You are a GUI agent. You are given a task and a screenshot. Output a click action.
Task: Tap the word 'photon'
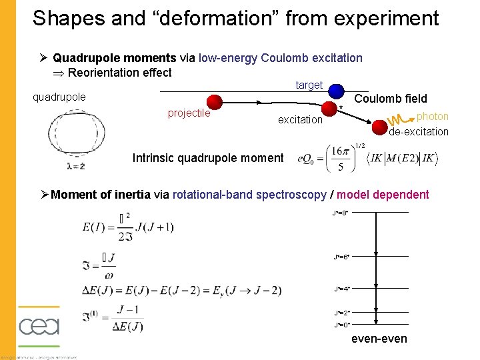[x=432, y=117]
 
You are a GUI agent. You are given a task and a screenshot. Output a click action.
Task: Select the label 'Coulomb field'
[x=390, y=99]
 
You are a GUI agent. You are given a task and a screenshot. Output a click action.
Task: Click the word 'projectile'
[x=189, y=113]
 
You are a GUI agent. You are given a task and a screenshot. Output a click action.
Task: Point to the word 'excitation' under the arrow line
[x=300, y=119]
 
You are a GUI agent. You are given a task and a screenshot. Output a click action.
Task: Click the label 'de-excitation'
[x=419, y=131]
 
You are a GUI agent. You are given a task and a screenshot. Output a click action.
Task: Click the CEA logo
[x=39, y=327]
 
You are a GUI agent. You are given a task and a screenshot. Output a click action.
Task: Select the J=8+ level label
[x=340, y=213]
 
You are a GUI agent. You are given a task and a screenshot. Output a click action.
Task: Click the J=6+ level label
[x=340, y=257]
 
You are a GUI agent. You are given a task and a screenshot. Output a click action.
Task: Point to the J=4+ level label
[x=340, y=289]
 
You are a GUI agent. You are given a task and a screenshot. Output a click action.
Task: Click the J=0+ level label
[x=340, y=325]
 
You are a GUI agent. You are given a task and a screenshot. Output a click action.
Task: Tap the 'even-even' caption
[x=379, y=339]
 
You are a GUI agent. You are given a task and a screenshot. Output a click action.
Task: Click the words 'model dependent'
[x=383, y=195]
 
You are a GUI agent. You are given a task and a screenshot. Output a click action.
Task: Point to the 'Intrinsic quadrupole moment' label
[x=207, y=158]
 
